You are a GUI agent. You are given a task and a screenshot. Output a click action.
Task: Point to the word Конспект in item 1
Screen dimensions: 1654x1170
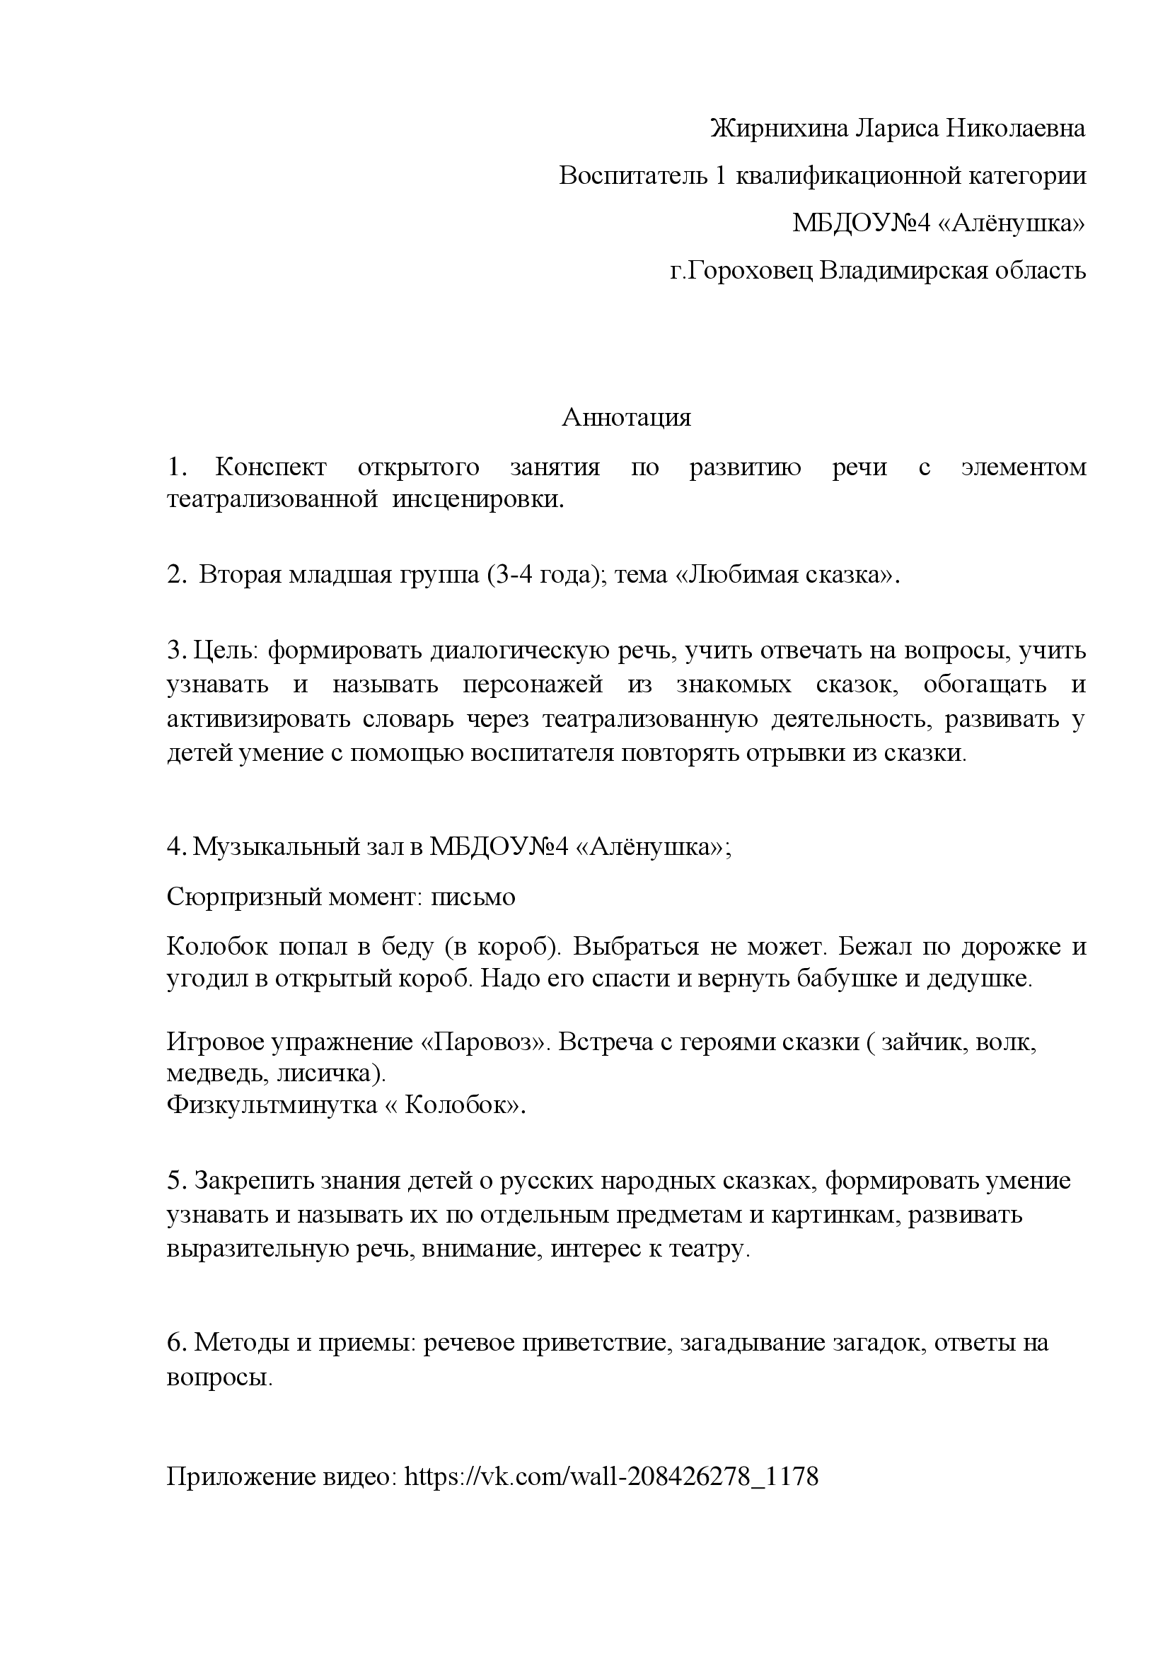(270, 467)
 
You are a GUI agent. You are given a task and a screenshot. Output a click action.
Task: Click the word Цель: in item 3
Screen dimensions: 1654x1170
(225, 651)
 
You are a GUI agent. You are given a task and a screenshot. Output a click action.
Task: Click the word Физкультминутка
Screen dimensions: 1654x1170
(272, 1105)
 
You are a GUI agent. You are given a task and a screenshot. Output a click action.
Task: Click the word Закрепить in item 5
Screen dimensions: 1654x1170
(244, 1182)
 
